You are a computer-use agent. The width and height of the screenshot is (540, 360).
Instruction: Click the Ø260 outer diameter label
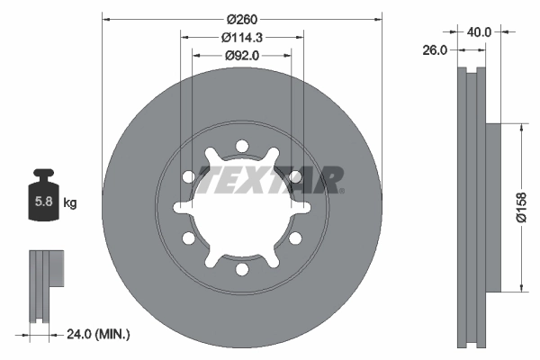pyautogui.click(x=242, y=19)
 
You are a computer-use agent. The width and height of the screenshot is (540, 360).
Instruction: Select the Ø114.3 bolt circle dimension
pyautogui.click(x=242, y=37)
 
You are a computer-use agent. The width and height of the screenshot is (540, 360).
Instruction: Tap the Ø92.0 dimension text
pyautogui.click(x=242, y=55)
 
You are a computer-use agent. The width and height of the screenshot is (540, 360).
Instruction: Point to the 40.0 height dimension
pyautogui.click(x=480, y=32)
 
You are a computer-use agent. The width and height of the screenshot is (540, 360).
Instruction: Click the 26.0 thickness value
pyautogui.click(x=435, y=51)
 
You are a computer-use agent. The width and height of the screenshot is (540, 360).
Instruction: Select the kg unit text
pyautogui.click(x=70, y=203)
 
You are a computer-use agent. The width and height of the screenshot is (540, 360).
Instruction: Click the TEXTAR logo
pyautogui.click(x=270, y=180)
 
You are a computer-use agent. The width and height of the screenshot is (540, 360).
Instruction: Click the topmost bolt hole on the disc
pyautogui.click(x=241, y=146)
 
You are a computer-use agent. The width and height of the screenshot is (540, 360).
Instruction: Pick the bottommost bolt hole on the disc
pyautogui.click(x=241, y=269)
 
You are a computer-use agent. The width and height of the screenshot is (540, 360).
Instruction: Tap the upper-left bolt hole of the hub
pyautogui.click(x=188, y=176)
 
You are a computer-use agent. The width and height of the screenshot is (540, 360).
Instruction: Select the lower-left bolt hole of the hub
pyautogui.click(x=188, y=238)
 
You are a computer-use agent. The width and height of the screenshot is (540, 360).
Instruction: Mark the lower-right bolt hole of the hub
pyautogui.click(x=294, y=238)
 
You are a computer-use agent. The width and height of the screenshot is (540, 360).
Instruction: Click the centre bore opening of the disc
pyautogui.click(x=241, y=209)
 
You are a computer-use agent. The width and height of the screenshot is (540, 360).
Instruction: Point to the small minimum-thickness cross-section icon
pyautogui.click(x=45, y=284)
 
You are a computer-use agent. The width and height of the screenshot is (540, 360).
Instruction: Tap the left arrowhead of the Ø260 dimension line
pyautogui.click(x=105, y=19)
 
